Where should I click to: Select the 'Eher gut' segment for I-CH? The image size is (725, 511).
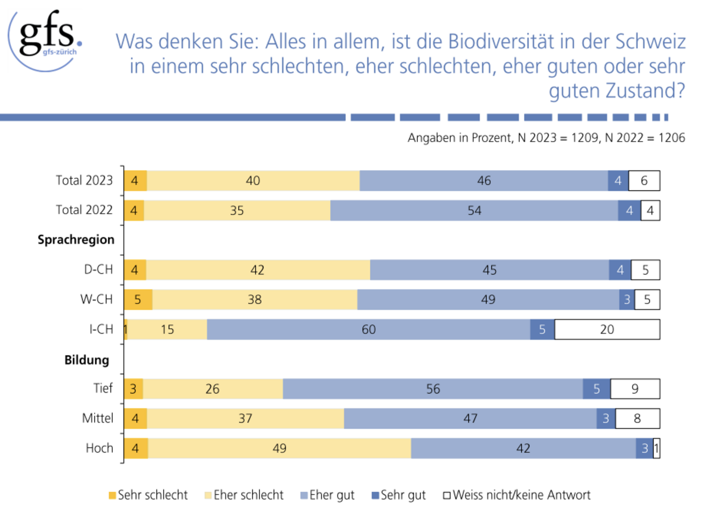(368, 329)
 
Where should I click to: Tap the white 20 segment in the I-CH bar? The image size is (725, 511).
(607, 329)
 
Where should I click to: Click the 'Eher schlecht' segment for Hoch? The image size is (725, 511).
(279, 448)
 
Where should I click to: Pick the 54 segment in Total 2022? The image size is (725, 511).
(474, 210)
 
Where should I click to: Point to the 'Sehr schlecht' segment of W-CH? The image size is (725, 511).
(138, 300)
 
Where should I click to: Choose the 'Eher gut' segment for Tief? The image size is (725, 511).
(433, 389)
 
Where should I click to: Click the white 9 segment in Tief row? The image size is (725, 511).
(635, 389)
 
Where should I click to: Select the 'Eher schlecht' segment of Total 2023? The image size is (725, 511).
(253, 181)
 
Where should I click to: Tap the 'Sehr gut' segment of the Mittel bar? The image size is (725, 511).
(605, 419)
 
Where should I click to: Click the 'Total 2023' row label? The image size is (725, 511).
(84, 181)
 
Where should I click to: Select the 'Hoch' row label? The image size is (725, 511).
(99, 448)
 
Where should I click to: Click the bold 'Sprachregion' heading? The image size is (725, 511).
(76, 240)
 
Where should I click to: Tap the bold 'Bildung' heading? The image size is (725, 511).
(86, 359)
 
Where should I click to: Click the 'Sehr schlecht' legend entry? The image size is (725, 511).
(148, 495)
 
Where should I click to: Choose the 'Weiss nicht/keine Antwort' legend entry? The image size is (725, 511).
(517, 495)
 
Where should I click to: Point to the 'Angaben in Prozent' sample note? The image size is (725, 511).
(458, 138)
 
